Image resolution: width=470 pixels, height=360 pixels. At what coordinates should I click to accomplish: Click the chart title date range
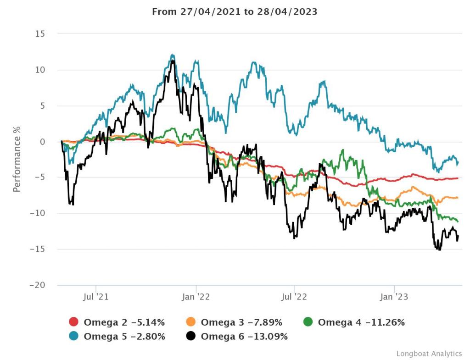[235, 12]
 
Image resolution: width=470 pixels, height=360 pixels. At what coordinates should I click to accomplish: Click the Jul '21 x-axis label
[96, 297]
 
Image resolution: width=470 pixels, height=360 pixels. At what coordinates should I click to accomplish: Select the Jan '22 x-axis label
[196, 297]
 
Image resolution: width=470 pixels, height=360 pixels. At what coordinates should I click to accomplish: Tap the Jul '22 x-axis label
[294, 297]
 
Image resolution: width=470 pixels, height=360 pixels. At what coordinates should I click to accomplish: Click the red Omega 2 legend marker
[74, 322]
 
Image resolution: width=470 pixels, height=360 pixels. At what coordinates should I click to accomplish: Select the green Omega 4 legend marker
[308, 322]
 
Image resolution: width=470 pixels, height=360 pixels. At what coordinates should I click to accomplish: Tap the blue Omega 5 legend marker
[74, 337]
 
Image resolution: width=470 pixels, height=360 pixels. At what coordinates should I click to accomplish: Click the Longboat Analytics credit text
[429, 354]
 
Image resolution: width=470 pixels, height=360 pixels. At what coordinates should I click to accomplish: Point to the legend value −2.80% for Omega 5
[148, 337]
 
